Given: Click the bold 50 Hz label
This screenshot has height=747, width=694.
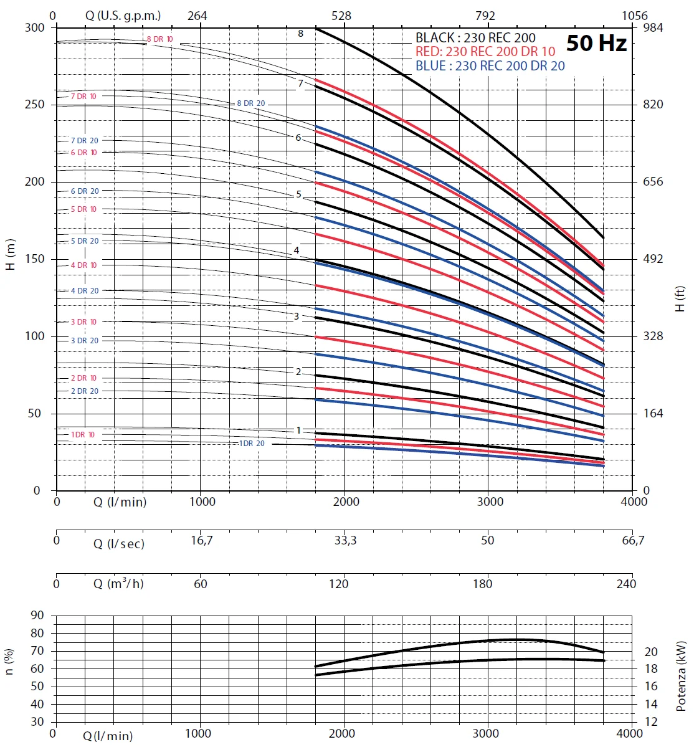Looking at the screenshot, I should coord(596,43).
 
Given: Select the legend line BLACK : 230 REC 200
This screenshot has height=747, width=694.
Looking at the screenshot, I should coord(475,38).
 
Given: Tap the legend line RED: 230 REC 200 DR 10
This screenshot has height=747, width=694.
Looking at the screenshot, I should coord(485,52).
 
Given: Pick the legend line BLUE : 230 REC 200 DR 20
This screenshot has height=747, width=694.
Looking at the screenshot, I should coord(490,66).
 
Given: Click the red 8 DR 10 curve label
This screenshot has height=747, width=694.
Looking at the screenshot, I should coord(159,39).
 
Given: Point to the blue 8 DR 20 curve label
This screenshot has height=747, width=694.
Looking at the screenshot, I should coord(250,103).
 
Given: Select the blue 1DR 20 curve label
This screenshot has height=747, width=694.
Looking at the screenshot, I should coord(252,444).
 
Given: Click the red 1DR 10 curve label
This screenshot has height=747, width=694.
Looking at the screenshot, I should coord(82,435).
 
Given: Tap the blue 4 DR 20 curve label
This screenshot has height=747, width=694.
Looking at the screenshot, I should coord(84,291).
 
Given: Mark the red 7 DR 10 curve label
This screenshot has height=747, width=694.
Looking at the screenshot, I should coord(83,97).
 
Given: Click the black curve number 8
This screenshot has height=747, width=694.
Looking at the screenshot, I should coord(300,34).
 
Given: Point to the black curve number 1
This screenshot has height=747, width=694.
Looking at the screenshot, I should coord(298,431).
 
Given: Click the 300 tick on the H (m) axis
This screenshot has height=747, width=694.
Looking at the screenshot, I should coord(35,27).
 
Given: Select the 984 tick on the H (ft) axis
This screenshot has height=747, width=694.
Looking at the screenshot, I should coord(653,27).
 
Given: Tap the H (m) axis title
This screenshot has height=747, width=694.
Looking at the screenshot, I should coord(11,255).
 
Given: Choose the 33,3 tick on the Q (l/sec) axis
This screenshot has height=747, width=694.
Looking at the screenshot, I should coord(345,541).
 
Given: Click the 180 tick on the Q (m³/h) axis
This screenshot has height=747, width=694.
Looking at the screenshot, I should coord(482,584).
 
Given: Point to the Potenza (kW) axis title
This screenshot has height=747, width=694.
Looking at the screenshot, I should coord(680,677).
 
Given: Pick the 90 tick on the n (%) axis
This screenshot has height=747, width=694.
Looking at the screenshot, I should coord(37,616).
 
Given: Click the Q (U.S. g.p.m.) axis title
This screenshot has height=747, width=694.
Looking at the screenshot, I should coord(123,16).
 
